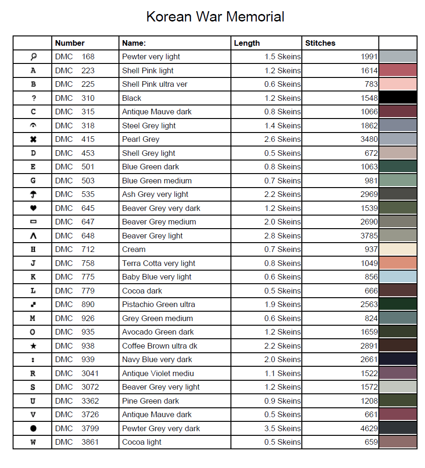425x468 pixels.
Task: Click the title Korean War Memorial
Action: coord(215,17)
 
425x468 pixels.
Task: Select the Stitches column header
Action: coord(320,43)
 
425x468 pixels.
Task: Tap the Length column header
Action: coord(247,43)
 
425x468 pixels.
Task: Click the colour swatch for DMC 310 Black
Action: coord(398,98)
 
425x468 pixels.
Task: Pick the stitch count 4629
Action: coord(369,428)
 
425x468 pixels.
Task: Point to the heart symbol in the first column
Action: coord(33,208)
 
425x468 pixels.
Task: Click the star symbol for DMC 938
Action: coord(33,346)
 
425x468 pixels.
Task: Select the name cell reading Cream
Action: coord(134,249)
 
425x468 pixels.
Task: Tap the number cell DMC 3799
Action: coord(77,428)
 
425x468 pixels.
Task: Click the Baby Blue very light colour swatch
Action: coord(398,277)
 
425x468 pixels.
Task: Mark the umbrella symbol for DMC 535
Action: coord(33,194)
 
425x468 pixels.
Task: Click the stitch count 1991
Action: coord(369,56)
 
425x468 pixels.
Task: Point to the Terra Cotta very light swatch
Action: coord(398,263)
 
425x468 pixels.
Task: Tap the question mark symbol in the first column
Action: coord(33,98)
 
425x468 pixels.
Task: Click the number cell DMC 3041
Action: coord(77,373)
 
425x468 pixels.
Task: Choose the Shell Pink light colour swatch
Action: coord(398,70)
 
